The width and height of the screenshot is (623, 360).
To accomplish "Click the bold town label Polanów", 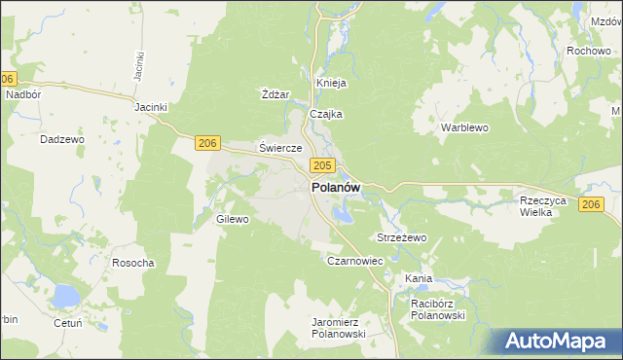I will coord(336,188).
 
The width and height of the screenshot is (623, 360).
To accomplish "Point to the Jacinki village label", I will coord(153,107).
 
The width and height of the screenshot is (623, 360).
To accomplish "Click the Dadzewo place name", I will coord(62,139).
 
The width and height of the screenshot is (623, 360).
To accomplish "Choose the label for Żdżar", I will coord(276,94).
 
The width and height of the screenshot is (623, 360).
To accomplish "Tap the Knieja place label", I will coord(331,83).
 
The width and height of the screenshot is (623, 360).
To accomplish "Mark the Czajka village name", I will coord(326,114).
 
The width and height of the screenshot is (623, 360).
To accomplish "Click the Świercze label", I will coord(280,148).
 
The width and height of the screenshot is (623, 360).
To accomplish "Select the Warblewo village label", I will coord(463,127).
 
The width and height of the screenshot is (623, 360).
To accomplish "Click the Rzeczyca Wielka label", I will coord(543,205).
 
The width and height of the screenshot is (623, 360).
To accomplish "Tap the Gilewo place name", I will coord(234,220).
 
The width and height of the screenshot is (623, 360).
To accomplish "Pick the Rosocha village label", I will coord(133,263).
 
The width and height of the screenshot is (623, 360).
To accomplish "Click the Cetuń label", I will coord(68,323).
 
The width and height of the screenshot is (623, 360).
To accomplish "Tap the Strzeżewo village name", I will coord(402,237).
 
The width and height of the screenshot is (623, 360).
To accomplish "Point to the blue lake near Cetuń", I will coord(65,294).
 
